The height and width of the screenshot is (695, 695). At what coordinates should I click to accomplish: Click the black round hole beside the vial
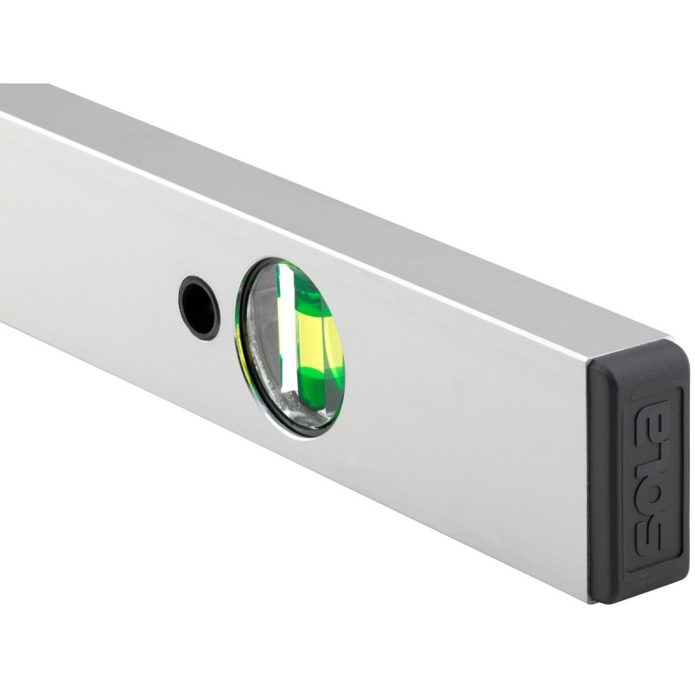(x=199, y=308)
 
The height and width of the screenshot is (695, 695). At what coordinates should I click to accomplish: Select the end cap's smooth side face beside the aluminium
(x=604, y=478)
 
